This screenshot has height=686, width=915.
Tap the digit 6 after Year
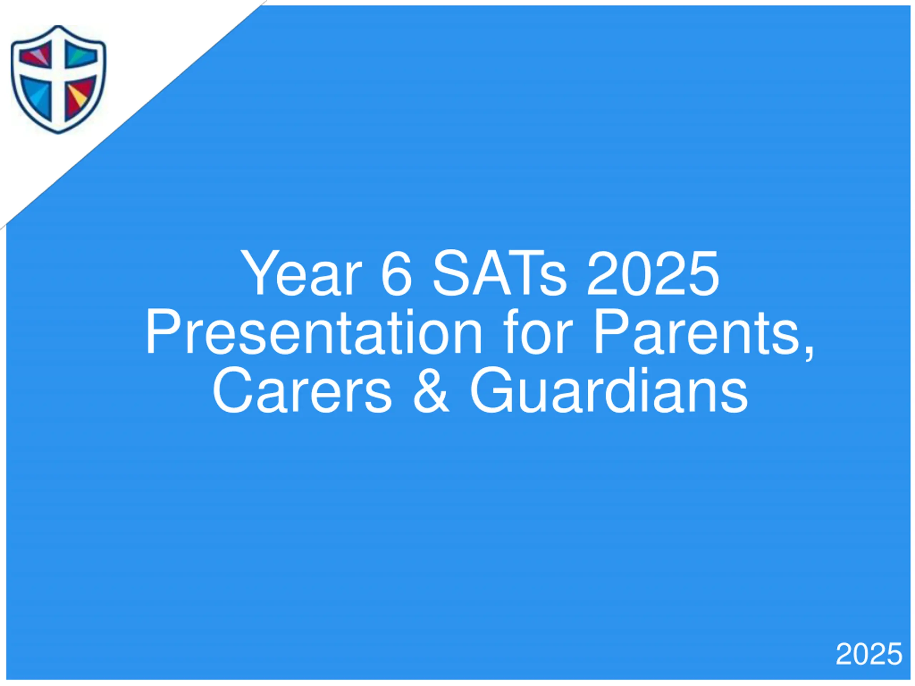397,273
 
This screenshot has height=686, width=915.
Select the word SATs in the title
499,273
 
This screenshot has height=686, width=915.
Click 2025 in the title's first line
653,273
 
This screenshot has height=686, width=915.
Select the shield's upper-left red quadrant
35,54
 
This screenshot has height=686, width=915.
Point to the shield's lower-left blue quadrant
36,98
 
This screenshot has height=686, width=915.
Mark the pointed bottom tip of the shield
58,134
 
